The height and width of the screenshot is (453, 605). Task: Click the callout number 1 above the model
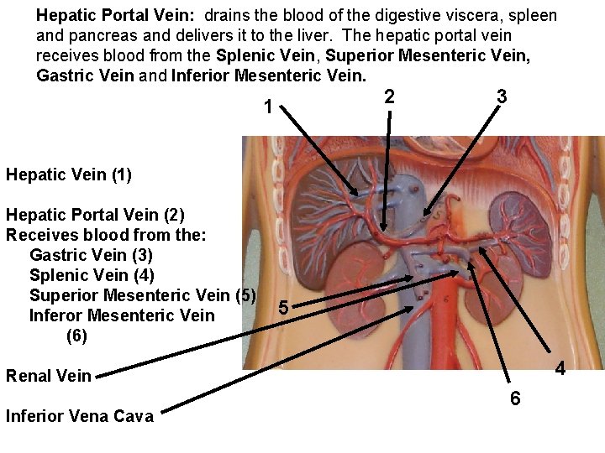point(267,107)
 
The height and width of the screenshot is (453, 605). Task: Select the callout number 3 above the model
point(501,96)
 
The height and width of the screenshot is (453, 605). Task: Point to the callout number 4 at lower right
point(560,369)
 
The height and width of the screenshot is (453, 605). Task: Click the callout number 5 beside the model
point(284,308)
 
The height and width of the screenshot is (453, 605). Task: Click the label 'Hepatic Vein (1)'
point(69,174)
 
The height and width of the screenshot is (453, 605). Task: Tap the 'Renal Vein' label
point(48,375)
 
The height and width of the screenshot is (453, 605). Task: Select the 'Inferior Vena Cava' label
point(80,416)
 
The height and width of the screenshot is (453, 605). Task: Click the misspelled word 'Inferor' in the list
point(57,315)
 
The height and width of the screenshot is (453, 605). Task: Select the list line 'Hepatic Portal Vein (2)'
point(95,215)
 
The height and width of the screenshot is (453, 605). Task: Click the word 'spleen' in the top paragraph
point(534,16)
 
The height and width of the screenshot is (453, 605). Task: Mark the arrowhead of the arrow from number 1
point(360,195)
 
